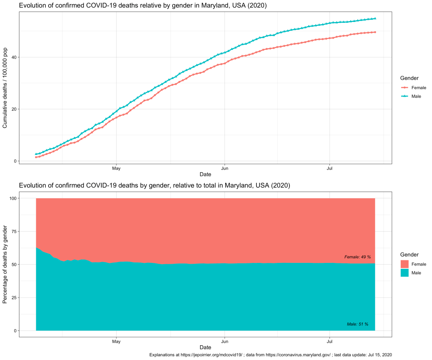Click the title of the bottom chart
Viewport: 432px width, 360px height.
(154, 185)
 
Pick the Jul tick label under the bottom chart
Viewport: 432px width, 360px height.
(329, 341)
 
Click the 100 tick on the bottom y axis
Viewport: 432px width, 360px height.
(11, 198)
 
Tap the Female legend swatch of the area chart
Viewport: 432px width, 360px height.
(405, 264)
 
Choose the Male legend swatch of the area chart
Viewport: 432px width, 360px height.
(405, 273)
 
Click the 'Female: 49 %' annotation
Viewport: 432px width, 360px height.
(357, 257)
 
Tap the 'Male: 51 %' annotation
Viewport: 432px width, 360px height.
(357, 324)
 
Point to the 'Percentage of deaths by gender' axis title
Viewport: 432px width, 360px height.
(5, 265)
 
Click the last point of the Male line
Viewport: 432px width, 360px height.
(375, 19)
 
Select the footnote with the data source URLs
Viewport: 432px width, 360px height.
(270, 355)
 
